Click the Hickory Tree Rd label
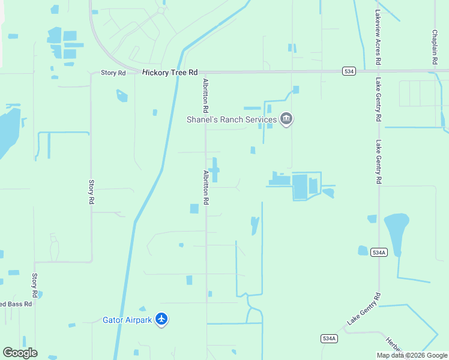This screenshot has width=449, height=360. (x=170, y=73)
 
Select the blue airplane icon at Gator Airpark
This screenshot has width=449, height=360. (x=161, y=319)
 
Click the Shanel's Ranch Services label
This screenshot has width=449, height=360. (x=231, y=119)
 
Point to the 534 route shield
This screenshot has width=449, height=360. (x=349, y=71)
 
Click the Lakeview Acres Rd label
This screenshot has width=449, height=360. (x=378, y=37)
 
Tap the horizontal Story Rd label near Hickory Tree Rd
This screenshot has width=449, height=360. (x=113, y=73)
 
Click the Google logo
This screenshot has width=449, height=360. (x=20, y=353)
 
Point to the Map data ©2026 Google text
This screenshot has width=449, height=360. (x=412, y=355)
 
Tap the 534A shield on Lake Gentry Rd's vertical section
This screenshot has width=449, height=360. (x=379, y=253)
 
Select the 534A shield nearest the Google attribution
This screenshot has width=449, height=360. (x=328, y=338)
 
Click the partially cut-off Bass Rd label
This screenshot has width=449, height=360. (x=16, y=304)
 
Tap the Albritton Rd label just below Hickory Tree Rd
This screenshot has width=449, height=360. (x=205, y=96)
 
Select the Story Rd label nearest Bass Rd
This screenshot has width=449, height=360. (x=35, y=286)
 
